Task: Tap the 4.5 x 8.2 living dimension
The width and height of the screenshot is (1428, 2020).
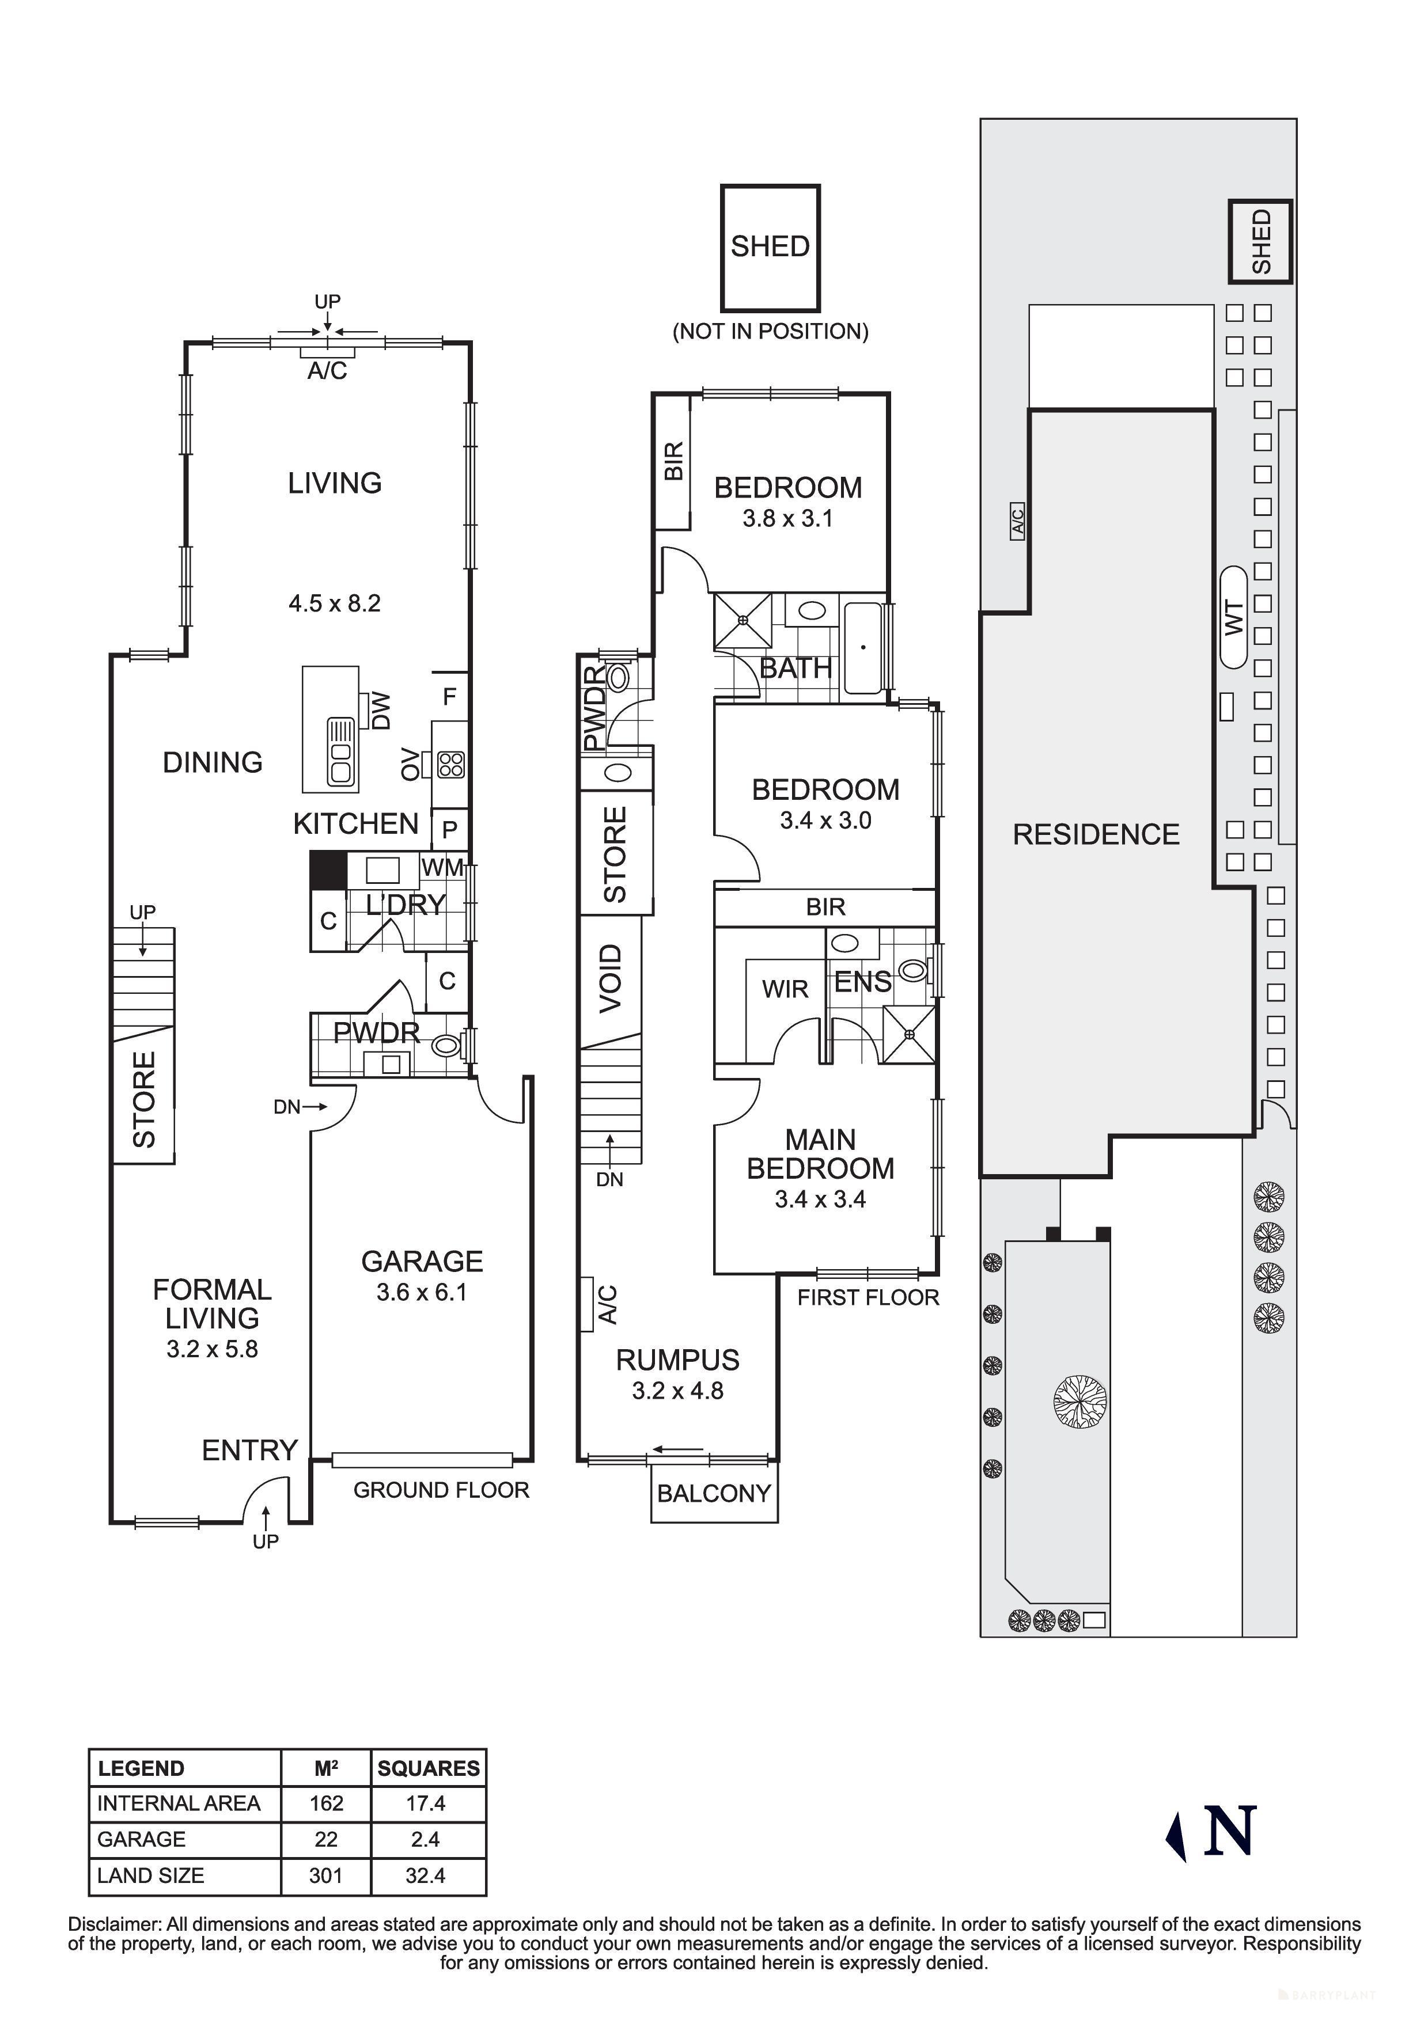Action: tap(334, 603)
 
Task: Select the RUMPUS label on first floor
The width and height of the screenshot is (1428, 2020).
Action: tap(677, 1360)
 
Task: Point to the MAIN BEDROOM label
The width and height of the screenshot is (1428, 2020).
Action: tap(820, 1155)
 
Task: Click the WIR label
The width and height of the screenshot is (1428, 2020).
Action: tap(785, 989)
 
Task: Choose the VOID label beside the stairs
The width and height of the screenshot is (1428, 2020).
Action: tap(611, 978)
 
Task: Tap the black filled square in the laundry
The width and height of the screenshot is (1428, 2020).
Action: tap(328, 869)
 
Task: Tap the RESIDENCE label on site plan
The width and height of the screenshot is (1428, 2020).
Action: tap(1096, 834)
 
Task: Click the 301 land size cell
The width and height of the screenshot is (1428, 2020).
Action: tap(325, 1875)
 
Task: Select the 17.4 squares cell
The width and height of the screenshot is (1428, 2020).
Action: tap(426, 1803)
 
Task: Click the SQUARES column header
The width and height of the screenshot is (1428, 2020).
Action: tap(429, 1768)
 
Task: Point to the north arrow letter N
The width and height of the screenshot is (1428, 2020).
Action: tap(1230, 1831)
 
